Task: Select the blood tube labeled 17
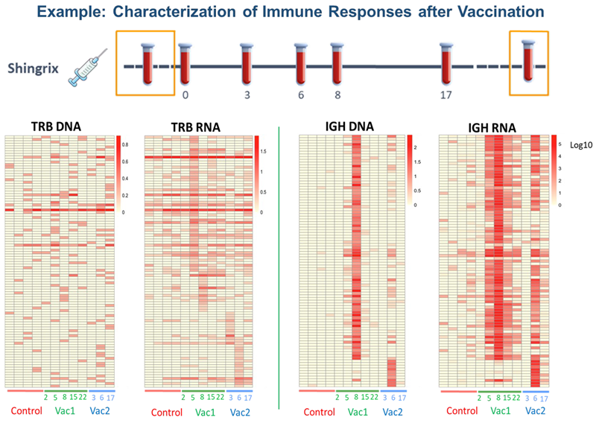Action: point(446,63)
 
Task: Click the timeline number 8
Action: point(338,95)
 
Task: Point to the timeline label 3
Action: point(247,95)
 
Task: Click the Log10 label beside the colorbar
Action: point(577,146)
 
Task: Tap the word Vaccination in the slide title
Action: point(491,13)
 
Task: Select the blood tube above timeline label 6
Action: point(300,63)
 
